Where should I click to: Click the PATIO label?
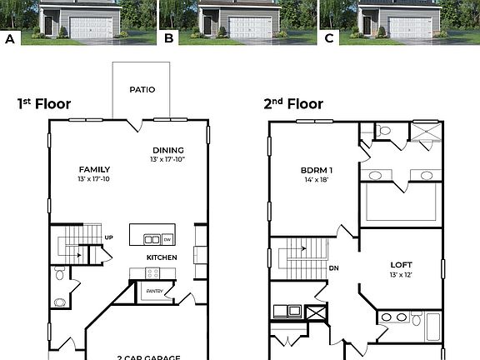[142, 89]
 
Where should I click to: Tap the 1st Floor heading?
[44, 104]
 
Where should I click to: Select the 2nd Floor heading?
[293, 104]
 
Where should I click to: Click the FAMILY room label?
[94, 169]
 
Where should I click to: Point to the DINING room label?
[167, 150]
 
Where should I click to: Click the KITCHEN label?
[162, 257]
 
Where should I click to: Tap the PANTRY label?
[155, 291]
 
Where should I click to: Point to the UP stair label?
[108, 237]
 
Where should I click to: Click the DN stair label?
[333, 268]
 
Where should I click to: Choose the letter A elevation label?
[11, 38]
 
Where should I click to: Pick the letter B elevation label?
[169, 38]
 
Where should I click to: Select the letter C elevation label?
[329, 38]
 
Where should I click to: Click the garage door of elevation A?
[91, 27]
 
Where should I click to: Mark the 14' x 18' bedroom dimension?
[317, 179]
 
